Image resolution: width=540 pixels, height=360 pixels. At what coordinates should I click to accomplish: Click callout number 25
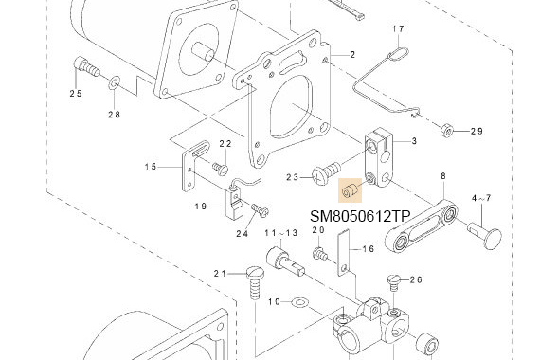[75, 93]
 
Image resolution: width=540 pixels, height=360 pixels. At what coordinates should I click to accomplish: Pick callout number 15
[151, 168]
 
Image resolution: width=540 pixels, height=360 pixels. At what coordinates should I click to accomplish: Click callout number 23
[292, 176]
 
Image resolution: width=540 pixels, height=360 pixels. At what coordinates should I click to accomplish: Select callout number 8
[442, 177]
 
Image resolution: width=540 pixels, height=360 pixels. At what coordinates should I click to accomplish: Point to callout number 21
[220, 274]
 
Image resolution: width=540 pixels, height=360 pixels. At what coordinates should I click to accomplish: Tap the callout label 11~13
[280, 232]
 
